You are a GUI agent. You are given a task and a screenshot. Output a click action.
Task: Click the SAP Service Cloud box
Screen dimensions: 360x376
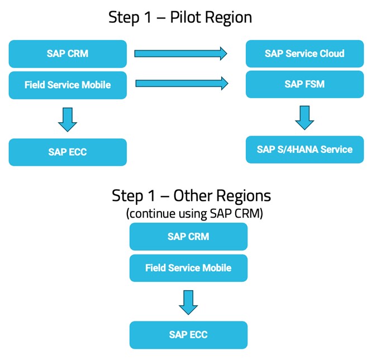click(x=304, y=54)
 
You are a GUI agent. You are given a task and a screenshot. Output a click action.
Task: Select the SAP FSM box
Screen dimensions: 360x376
click(x=304, y=84)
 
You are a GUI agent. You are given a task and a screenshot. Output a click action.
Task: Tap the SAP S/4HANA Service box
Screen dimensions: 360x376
click(x=304, y=150)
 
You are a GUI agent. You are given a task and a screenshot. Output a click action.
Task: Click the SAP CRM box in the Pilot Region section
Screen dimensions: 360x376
click(x=68, y=54)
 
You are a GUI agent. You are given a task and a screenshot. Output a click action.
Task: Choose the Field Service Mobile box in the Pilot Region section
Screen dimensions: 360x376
click(x=68, y=85)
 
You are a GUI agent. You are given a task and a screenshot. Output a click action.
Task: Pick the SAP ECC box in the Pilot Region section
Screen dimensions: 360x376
click(x=68, y=152)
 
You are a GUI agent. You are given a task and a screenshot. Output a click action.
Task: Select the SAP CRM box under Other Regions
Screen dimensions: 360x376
click(x=188, y=237)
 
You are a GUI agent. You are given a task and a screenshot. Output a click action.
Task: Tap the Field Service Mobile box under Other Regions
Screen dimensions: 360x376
click(x=188, y=268)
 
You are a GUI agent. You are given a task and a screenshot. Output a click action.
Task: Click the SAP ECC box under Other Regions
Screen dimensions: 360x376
click(x=188, y=335)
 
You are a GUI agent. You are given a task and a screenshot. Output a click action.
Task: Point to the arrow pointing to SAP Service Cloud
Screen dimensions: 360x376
click(x=180, y=54)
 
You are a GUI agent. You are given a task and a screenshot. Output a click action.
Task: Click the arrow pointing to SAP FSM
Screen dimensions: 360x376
click(x=182, y=84)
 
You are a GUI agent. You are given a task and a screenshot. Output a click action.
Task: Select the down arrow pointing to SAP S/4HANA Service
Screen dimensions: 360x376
click(x=304, y=117)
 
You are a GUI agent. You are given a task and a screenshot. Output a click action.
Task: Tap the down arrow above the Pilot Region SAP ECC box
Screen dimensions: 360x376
click(x=68, y=119)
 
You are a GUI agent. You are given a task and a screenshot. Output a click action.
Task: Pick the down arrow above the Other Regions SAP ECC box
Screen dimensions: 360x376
click(x=188, y=301)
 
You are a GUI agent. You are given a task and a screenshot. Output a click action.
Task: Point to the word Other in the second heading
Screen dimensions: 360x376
click(x=194, y=196)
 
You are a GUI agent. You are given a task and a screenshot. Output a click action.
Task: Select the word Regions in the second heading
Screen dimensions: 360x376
click(x=245, y=196)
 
